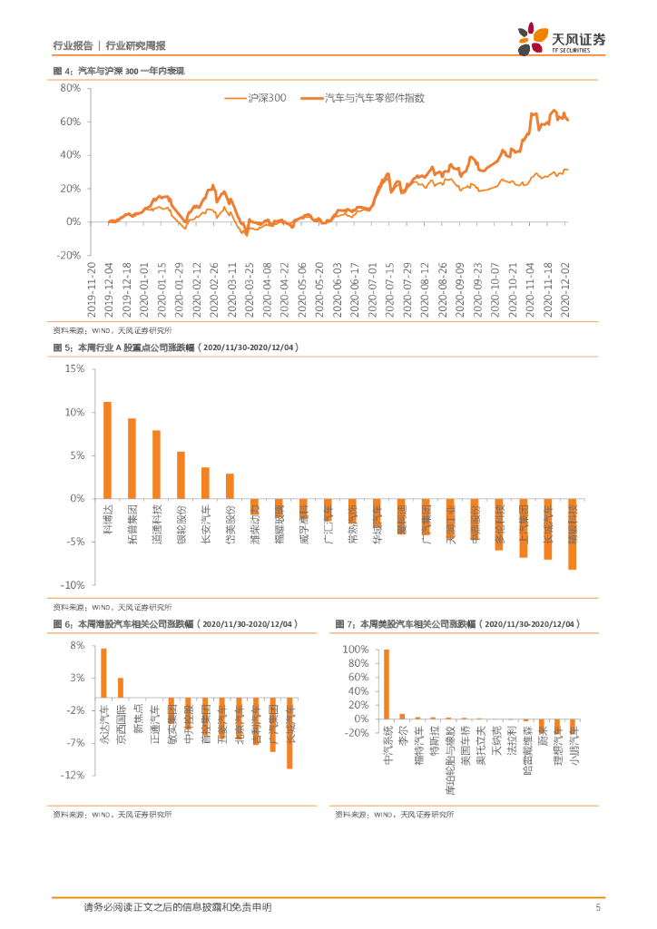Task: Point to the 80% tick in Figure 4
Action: pyautogui.click(x=71, y=88)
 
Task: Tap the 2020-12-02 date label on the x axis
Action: pyautogui.click(x=565, y=288)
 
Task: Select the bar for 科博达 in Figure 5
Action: pyautogui.click(x=107, y=450)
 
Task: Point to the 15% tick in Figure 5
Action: pyautogui.click(x=74, y=369)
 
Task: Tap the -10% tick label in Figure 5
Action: pyautogui.click(x=72, y=584)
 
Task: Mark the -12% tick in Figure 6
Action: pyautogui.click(x=73, y=775)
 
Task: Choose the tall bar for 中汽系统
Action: pyautogui.click(x=387, y=684)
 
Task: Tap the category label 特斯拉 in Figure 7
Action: pyautogui.click(x=434, y=741)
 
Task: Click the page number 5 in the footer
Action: pyautogui.click(x=598, y=907)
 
